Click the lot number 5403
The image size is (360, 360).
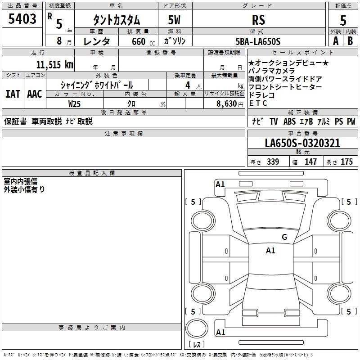click(22, 19)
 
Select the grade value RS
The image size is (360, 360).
click(258, 20)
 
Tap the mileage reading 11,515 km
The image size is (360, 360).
click(54, 64)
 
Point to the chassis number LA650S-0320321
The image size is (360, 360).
click(302, 143)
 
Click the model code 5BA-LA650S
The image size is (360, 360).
click(258, 41)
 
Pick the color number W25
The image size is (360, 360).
click(74, 104)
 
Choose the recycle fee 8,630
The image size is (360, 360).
click(227, 104)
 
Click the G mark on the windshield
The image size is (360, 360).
click(284, 237)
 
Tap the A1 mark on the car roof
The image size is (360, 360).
click(270, 251)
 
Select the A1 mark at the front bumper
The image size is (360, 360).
click(220, 184)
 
